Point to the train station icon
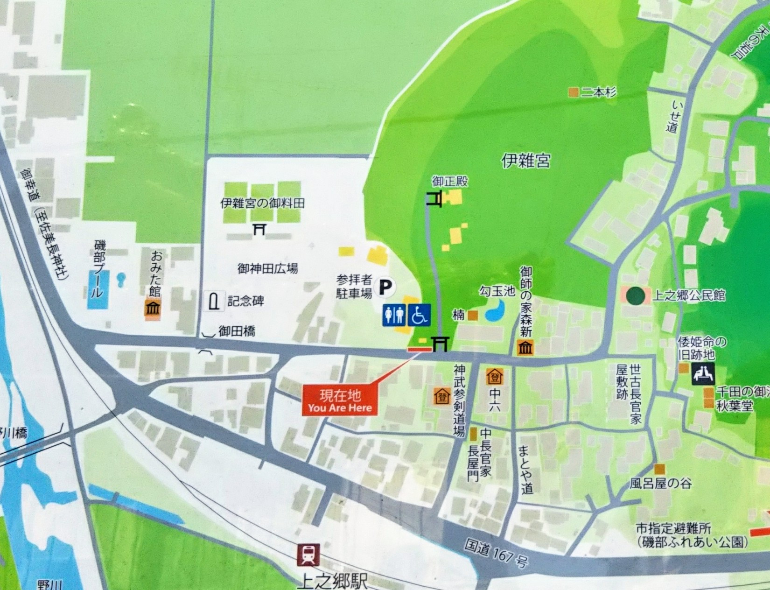[308, 555]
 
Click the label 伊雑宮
[525, 161]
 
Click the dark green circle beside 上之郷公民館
[635, 295]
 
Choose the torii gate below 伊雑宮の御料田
[259, 229]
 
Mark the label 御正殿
[449, 182]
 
